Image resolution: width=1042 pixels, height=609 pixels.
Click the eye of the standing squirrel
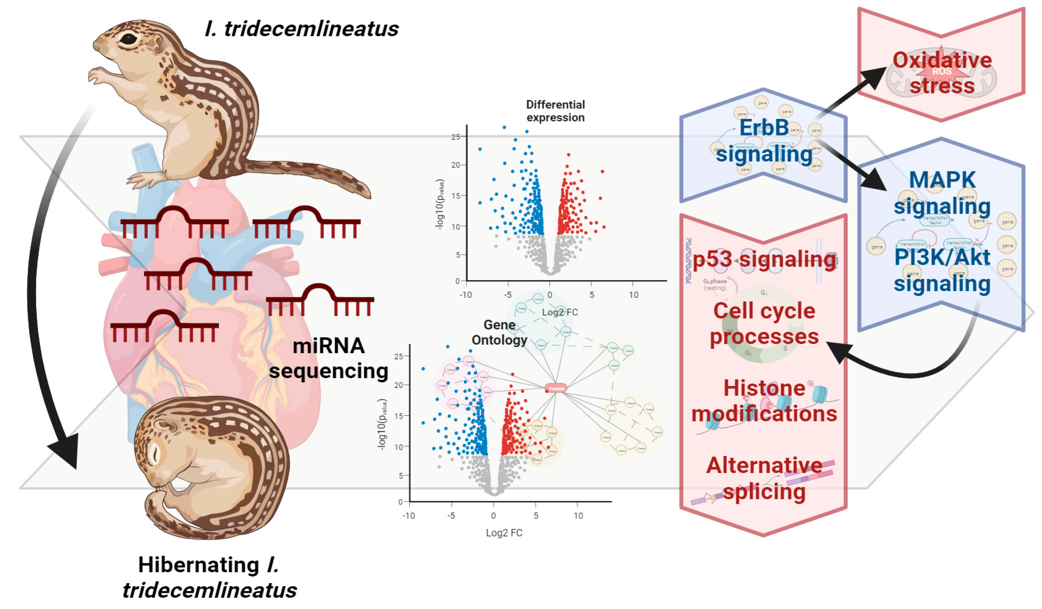(129, 39)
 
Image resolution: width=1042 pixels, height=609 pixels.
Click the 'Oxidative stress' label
(942, 73)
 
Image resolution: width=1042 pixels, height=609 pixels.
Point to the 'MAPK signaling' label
(942, 193)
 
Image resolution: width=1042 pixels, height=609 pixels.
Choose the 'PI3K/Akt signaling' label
(942, 271)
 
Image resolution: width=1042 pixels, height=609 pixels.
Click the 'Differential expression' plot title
(555, 111)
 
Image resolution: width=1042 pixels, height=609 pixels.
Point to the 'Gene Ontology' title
(500, 332)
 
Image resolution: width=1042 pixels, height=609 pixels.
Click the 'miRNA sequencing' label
(329, 358)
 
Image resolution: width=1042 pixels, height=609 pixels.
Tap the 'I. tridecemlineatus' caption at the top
(301, 29)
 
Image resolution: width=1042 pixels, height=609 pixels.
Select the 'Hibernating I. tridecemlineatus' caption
(209, 577)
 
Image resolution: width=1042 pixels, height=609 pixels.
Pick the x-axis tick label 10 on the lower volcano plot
(578, 516)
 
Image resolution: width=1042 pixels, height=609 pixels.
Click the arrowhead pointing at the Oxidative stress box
(874, 78)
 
